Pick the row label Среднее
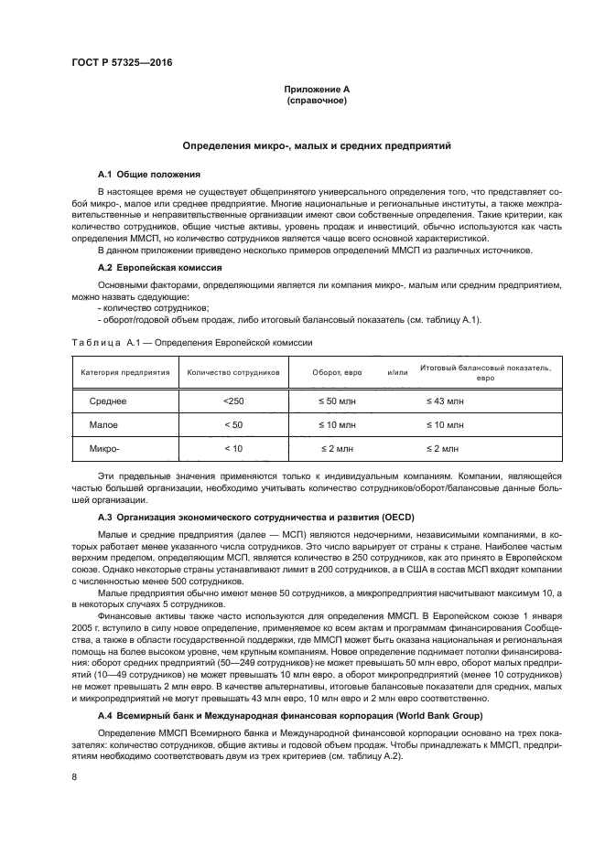(108, 401)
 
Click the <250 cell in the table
(233, 401)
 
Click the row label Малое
(103, 425)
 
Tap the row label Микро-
(105, 449)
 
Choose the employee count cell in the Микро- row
(233, 449)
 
